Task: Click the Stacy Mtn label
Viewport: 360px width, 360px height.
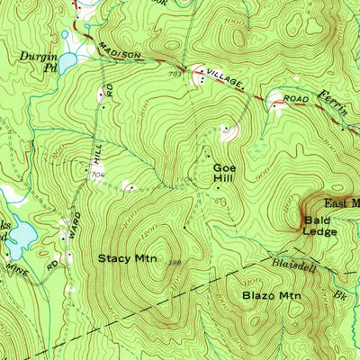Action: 127,258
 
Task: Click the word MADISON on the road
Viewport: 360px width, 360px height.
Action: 120,54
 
